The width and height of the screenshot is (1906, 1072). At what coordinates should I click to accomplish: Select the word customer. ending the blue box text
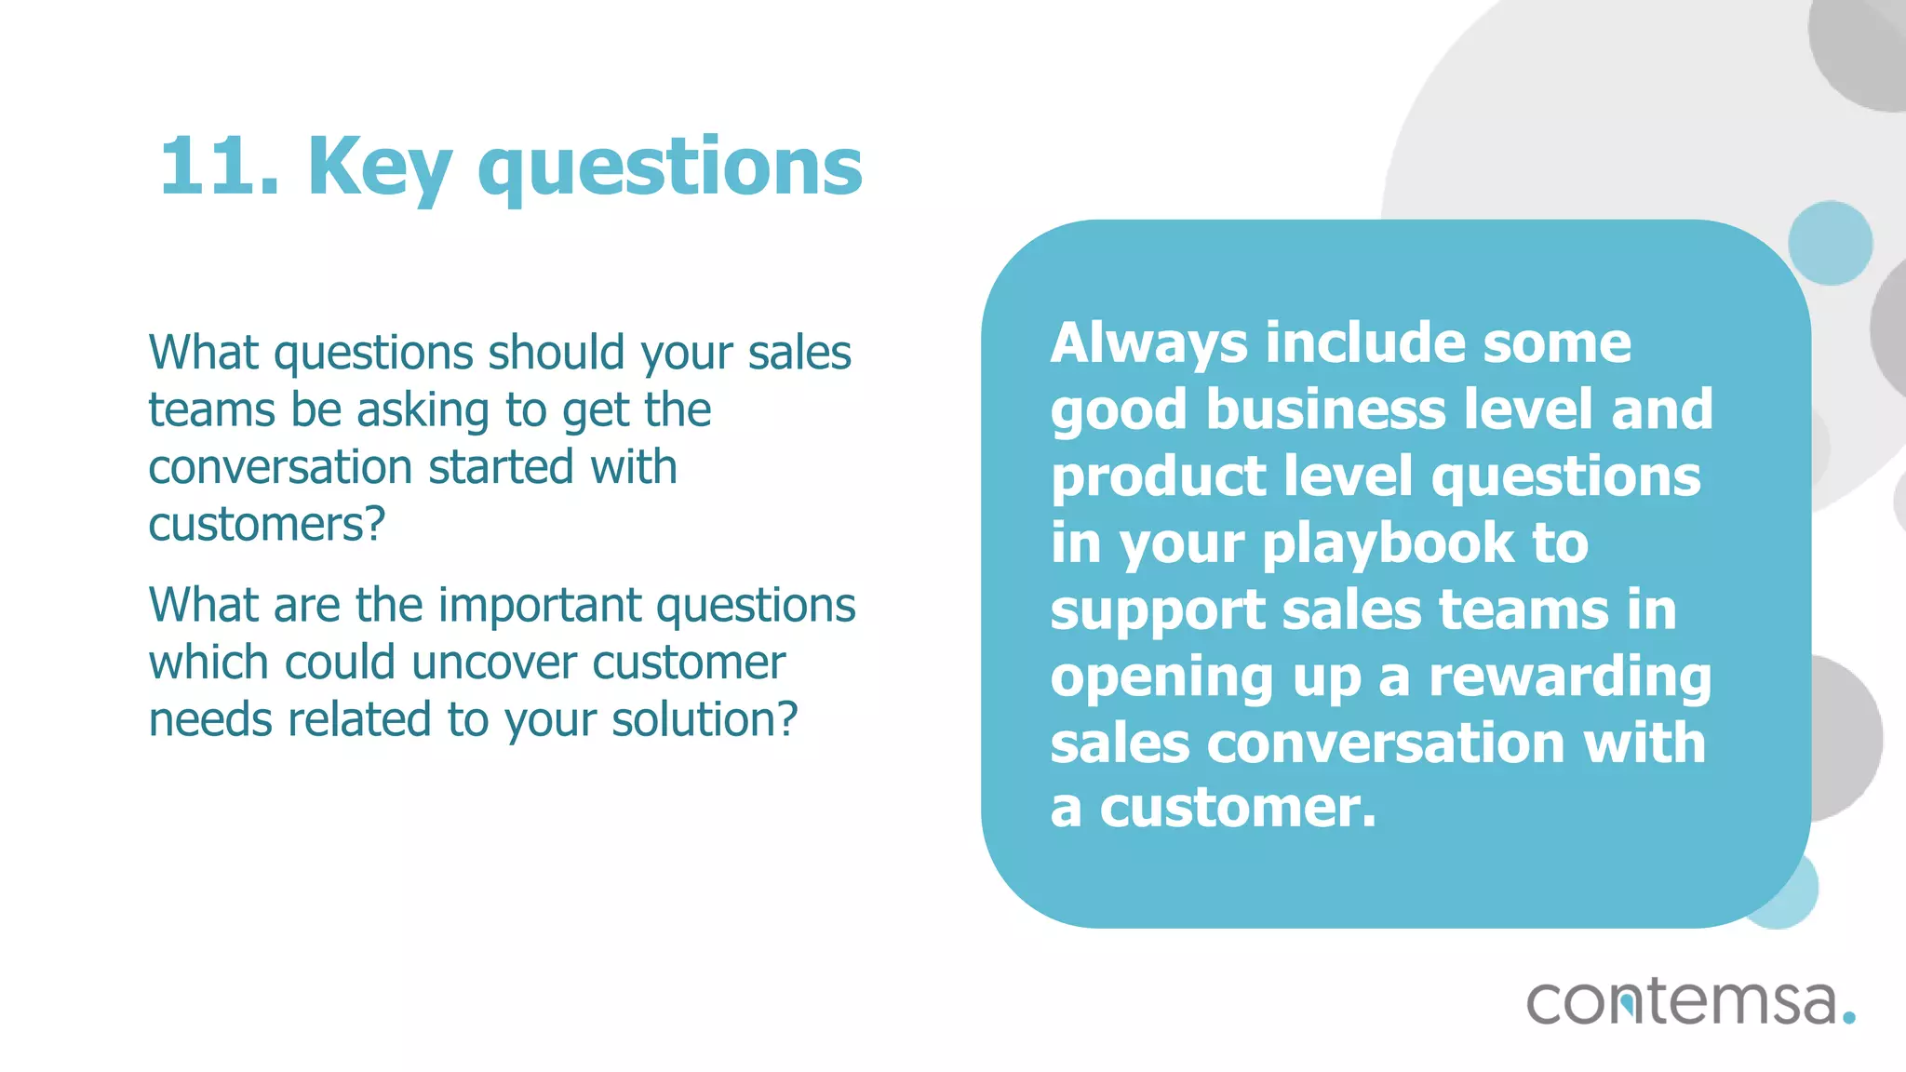1237,808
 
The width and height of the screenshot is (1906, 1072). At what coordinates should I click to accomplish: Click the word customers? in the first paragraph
266,524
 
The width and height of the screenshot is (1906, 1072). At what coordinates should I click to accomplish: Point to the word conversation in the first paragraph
280,467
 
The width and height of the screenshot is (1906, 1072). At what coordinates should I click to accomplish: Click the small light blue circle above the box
1830,243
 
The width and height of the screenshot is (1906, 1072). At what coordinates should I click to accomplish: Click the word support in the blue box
1157,611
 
